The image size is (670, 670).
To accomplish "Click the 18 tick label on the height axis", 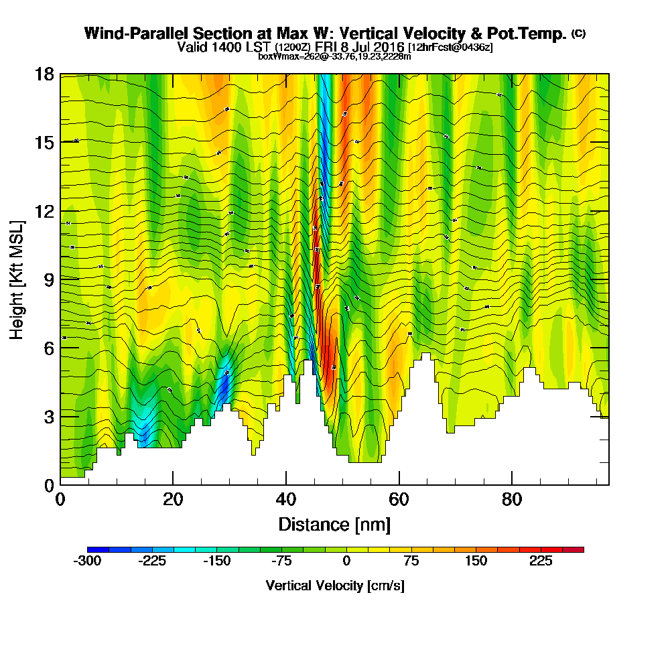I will tap(44, 74).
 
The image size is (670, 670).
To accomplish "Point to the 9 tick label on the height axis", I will tap(48, 279).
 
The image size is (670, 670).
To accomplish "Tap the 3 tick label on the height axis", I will tap(48, 417).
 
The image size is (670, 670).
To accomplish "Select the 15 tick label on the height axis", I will tap(44, 143).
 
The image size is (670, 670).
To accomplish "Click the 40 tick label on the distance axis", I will tap(286, 499).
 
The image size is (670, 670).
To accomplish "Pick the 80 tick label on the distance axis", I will tap(512, 499).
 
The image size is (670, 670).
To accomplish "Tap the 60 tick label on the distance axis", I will tap(399, 499).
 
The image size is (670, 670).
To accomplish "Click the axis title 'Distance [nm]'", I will tap(334, 524).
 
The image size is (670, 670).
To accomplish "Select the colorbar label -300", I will tap(86, 561).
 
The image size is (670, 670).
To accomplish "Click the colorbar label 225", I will tap(541, 561).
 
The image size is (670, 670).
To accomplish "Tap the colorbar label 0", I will tap(346, 561).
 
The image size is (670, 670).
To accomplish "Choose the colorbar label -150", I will tap(216, 561).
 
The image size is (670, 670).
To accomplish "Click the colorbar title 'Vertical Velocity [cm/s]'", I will tap(335, 586).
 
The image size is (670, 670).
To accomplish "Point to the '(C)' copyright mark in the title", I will tap(579, 33).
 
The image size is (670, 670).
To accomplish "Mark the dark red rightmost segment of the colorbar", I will tap(577, 549).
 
